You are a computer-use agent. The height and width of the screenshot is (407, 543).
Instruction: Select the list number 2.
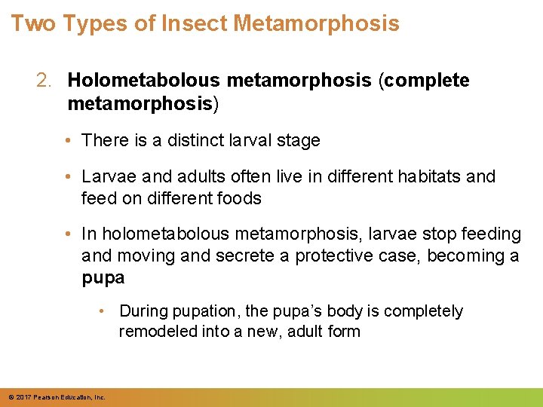[x=44, y=81]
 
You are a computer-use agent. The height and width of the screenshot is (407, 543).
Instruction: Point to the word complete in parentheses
[x=427, y=81]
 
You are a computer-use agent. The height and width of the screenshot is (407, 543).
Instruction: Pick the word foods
[x=240, y=198]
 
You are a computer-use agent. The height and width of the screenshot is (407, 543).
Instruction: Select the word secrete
[x=246, y=256]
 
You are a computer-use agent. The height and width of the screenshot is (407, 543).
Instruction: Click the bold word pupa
[x=103, y=278]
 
